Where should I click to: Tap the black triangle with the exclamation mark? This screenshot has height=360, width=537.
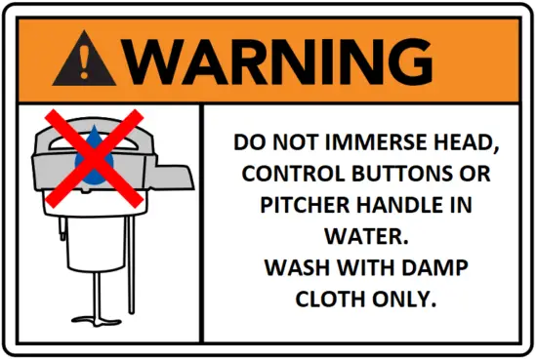point(91,60)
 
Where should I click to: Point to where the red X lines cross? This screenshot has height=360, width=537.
point(95,158)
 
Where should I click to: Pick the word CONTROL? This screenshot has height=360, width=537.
point(285,177)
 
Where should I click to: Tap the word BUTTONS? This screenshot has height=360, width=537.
point(393,177)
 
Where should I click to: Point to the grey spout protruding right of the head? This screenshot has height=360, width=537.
point(176,177)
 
